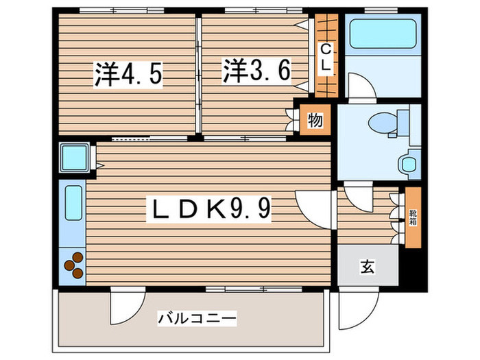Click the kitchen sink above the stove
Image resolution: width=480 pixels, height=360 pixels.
pyautogui.click(x=73, y=205)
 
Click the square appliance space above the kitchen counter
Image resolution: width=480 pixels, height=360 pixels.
pyautogui.click(x=72, y=158)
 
